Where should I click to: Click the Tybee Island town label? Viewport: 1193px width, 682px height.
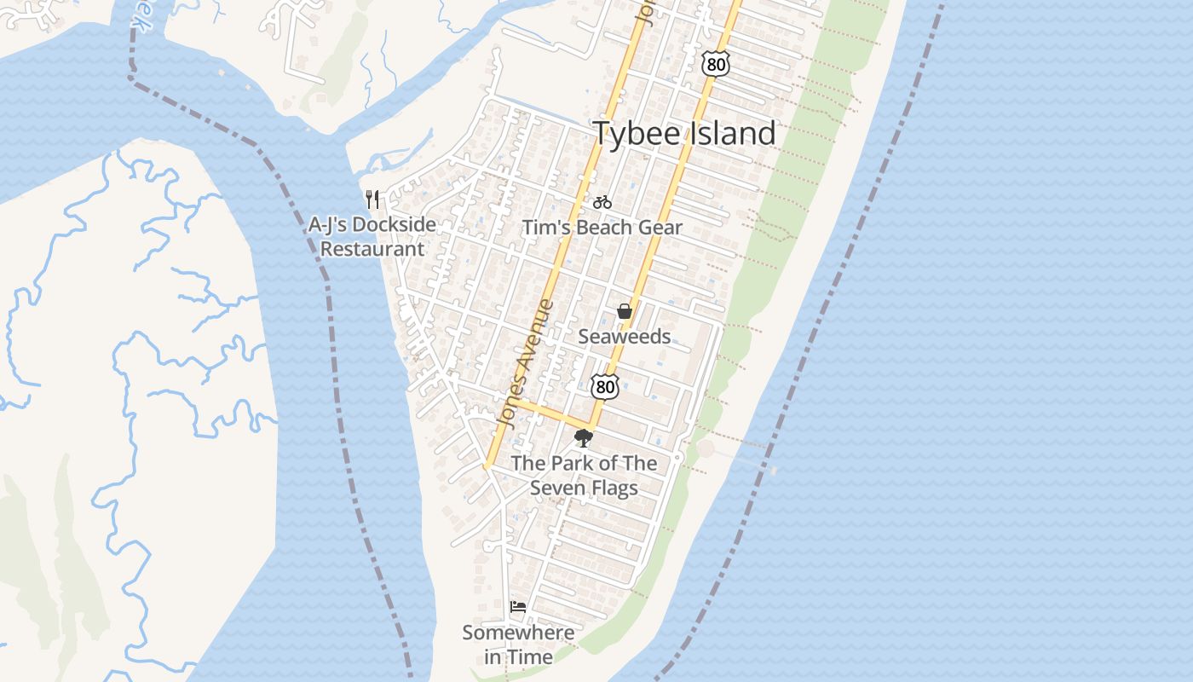[x=683, y=134]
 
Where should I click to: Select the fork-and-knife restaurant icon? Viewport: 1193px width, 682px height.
[x=372, y=199]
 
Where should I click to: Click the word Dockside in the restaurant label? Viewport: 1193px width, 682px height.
[x=394, y=225]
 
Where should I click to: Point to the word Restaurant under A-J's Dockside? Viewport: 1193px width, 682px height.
[x=372, y=249]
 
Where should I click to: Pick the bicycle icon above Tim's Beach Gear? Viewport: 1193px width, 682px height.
[x=602, y=202]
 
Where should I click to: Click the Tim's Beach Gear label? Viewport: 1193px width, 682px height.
[x=602, y=228]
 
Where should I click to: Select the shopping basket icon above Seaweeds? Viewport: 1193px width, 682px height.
[x=625, y=311]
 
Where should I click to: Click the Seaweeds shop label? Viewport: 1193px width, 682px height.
[x=625, y=337]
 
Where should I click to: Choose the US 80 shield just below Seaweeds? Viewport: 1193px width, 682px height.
[x=605, y=385]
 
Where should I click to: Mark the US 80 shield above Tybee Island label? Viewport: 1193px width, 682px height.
[x=716, y=63]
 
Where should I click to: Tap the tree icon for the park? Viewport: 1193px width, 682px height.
[x=584, y=439]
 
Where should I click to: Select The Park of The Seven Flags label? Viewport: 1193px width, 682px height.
[x=584, y=476]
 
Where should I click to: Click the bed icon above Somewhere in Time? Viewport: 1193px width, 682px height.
[x=518, y=607]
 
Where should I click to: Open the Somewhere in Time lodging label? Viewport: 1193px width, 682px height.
[x=518, y=644]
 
